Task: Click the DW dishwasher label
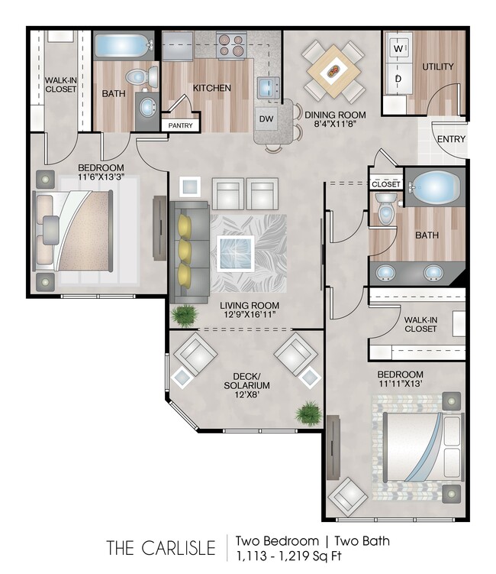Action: (266, 119)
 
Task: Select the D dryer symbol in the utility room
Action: (397, 79)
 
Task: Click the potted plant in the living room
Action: (183, 313)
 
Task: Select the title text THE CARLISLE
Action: (160, 547)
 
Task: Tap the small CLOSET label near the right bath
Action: (385, 184)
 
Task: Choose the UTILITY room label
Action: (438, 66)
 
